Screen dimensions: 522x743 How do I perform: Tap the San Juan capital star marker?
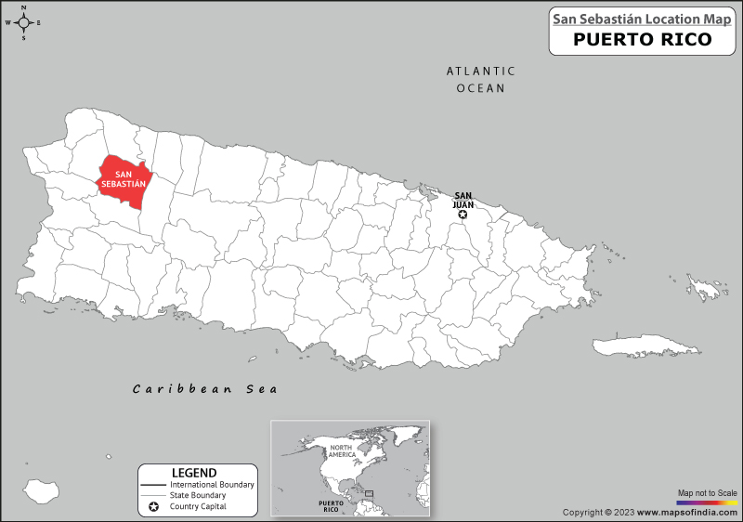(463, 215)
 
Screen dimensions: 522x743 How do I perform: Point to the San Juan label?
(463, 200)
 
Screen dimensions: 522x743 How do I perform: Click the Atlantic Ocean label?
(480, 79)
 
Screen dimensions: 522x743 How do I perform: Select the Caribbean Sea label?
(205, 388)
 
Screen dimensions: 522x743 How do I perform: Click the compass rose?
(24, 22)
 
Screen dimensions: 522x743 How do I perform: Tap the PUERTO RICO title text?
(642, 39)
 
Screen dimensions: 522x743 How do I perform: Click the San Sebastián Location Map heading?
(642, 18)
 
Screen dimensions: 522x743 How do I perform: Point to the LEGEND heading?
(195, 473)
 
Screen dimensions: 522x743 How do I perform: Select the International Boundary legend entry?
(212, 485)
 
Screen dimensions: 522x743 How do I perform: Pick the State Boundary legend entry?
(197, 496)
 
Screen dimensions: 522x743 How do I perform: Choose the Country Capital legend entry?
(198, 507)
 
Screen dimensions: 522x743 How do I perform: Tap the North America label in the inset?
(343, 452)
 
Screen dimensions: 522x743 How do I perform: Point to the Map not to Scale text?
(707, 492)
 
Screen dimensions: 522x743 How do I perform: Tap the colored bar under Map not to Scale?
(707, 502)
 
